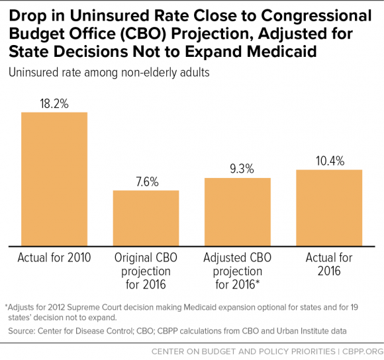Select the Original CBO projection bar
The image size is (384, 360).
(x=146, y=218)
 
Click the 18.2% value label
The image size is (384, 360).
(x=54, y=103)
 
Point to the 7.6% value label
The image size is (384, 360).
(x=146, y=181)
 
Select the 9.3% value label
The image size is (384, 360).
(x=237, y=169)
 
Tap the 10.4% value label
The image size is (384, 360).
(x=329, y=161)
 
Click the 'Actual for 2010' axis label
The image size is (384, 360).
(x=54, y=257)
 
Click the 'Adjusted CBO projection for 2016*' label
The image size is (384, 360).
(x=237, y=271)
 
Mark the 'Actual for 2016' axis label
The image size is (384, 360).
(x=329, y=264)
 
